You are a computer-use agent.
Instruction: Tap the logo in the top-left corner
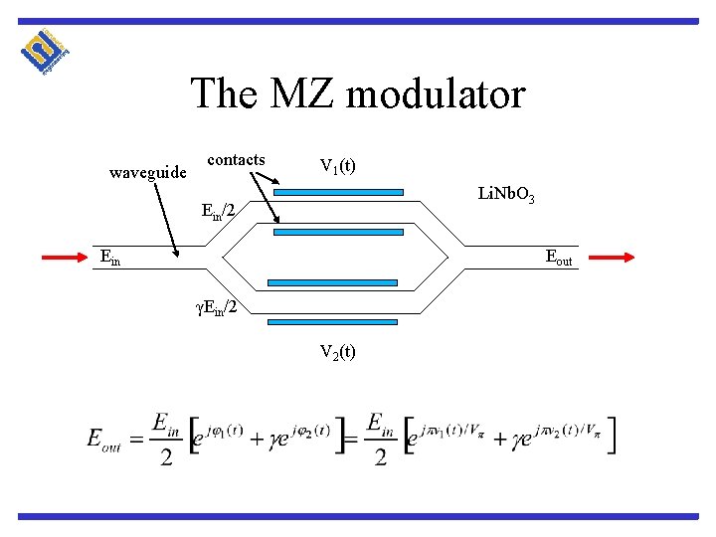point(45,54)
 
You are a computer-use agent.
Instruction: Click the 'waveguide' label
point(147,172)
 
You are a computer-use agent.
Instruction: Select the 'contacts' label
point(236,160)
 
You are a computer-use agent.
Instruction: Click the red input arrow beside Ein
point(67,258)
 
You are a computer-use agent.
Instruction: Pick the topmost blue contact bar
point(338,192)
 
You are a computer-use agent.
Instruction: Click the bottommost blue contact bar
point(332,323)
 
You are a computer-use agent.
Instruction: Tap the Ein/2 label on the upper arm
point(219,211)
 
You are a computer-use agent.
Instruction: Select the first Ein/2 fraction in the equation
point(166,438)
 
